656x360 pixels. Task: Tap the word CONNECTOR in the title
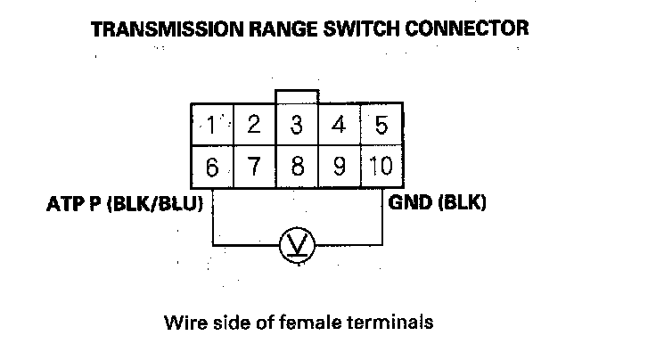coord(472,29)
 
